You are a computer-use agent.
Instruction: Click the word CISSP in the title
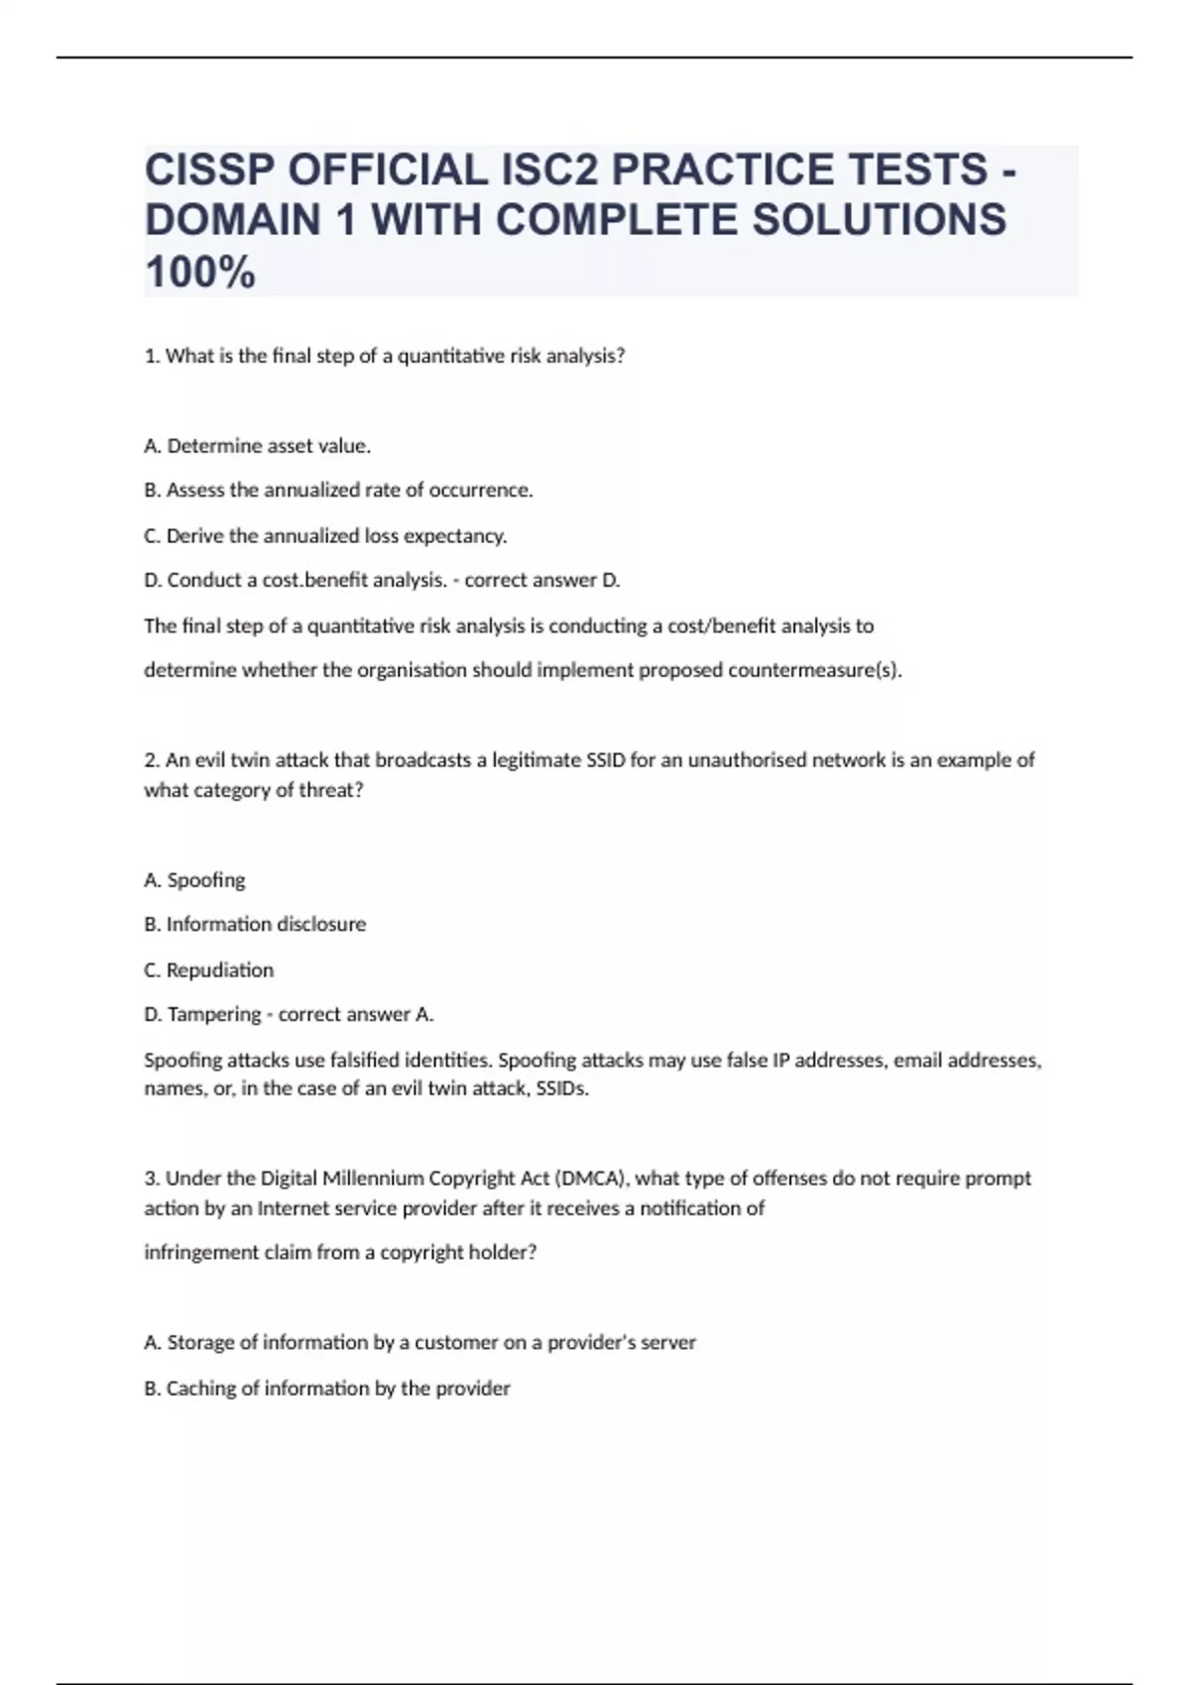[209, 170]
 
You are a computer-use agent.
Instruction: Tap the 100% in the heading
[200, 273]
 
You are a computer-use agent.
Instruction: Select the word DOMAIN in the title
[233, 221]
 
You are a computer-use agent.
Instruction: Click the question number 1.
[152, 356]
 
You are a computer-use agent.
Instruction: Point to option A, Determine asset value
[258, 446]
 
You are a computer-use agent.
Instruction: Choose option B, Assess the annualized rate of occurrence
[338, 490]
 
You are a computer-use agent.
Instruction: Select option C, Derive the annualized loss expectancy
[325, 535]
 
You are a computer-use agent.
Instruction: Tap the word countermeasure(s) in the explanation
[814, 670]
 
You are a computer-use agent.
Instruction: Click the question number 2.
[152, 760]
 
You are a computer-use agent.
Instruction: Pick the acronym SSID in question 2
[605, 760]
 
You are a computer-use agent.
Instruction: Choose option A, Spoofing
[194, 880]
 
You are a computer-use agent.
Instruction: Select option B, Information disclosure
[255, 924]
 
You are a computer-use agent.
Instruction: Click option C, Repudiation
[208, 969]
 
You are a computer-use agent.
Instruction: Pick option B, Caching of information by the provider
[327, 1388]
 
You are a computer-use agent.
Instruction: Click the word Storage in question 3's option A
[201, 1342]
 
